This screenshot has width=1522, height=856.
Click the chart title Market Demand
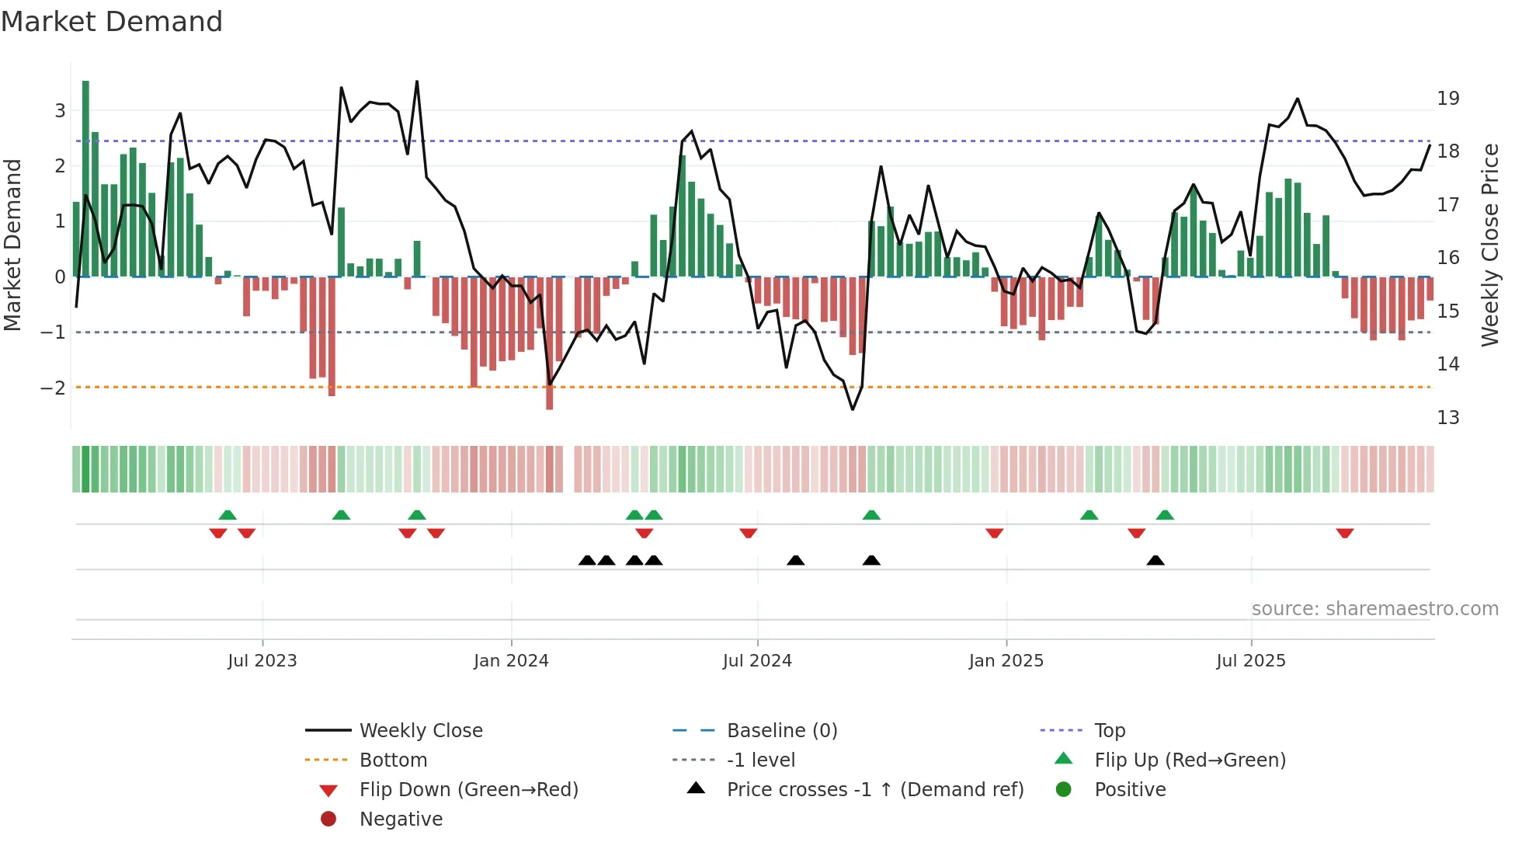point(112,22)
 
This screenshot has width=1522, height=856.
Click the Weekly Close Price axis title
point(1489,245)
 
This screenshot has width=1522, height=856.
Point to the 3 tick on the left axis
point(60,110)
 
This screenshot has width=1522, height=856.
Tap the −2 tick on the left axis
point(53,388)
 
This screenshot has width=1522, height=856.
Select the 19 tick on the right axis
point(1447,99)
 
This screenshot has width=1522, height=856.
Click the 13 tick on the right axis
point(1447,418)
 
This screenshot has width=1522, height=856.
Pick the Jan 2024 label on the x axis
point(511,661)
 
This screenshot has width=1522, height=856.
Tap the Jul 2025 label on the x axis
point(1251,661)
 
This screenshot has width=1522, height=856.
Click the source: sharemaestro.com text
point(1374,609)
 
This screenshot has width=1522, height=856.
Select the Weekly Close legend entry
point(420,731)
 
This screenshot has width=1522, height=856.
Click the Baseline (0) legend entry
point(781,731)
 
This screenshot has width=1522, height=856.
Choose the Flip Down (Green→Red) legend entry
point(468,790)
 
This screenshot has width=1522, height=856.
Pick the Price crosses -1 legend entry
point(874,790)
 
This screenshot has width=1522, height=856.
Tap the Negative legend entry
point(401,819)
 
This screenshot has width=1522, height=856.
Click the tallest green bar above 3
point(85,179)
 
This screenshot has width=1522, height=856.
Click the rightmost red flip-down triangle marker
point(1345,533)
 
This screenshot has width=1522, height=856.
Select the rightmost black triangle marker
point(1155,560)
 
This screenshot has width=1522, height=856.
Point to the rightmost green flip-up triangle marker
point(1165,515)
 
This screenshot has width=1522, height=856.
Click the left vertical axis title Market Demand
point(12,245)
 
